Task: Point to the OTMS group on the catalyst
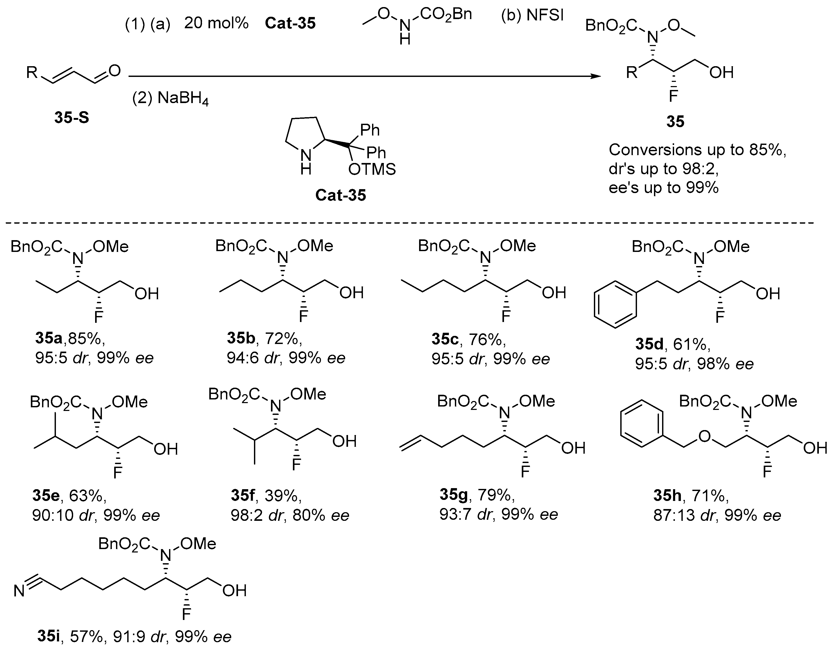(x=372, y=169)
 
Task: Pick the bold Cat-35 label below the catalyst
(x=341, y=195)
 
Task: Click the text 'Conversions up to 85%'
(x=697, y=150)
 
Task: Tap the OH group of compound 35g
(x=573, y=448)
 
